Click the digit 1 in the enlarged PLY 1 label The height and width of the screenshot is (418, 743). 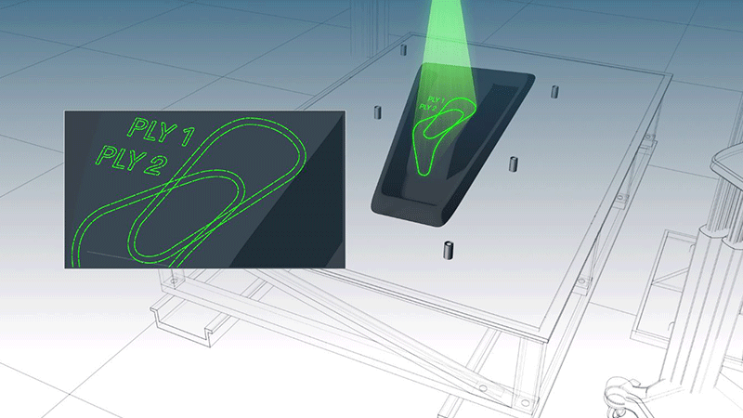point(188,136)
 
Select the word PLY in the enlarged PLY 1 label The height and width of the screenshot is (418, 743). point(150,129)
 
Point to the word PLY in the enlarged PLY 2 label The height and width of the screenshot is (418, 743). point(119,157)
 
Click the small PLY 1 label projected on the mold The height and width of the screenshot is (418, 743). point(437,100)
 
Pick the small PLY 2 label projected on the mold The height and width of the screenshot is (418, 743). point(428,108)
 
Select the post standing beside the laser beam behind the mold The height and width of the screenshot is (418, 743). point(403,50)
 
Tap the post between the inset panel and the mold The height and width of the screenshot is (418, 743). point(378,112)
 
